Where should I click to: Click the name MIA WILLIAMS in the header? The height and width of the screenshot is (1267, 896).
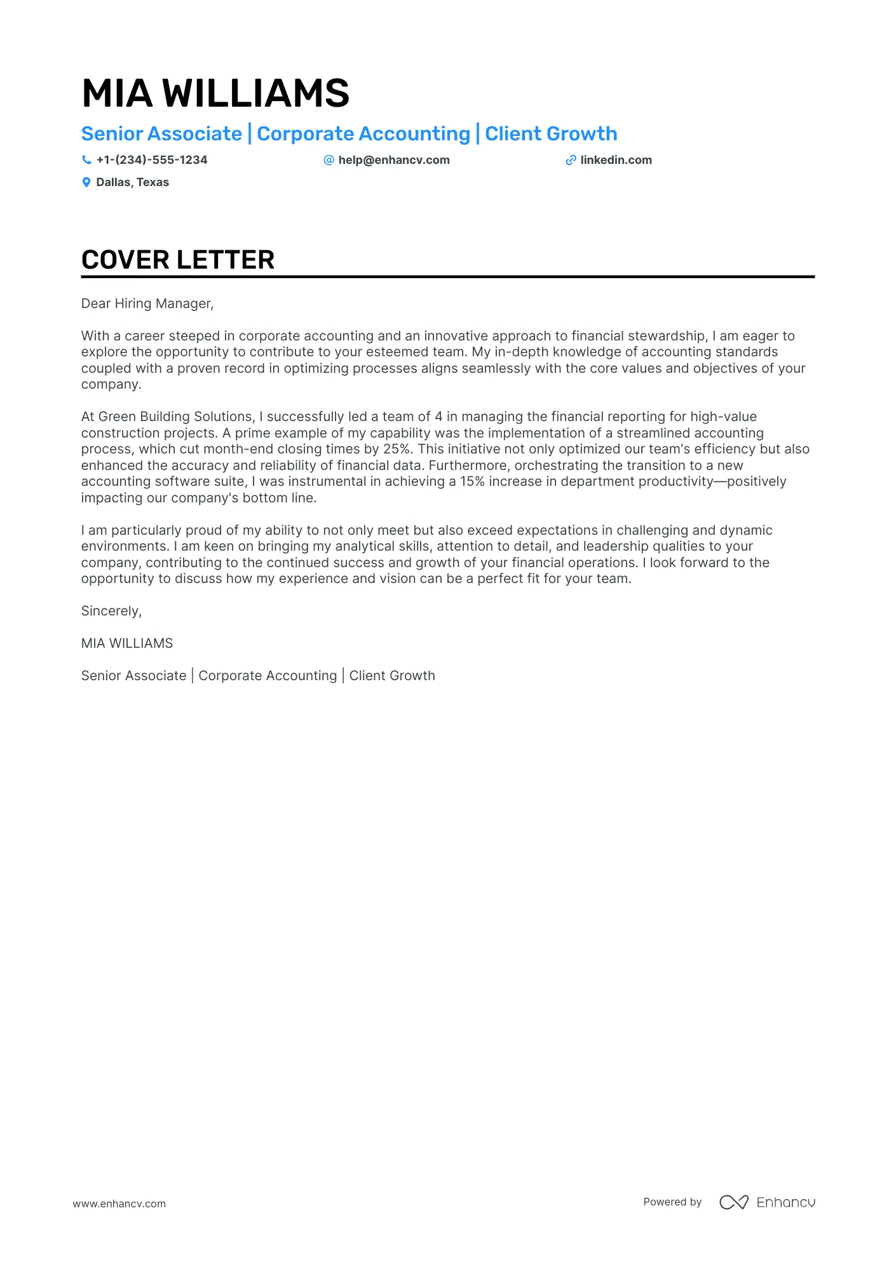point(215,93)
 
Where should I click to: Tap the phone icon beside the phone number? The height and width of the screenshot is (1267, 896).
point(86,160)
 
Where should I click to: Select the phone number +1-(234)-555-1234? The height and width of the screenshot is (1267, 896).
point(152,160)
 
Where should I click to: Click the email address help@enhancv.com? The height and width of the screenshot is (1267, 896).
point(393,160)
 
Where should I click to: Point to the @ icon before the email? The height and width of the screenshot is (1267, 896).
point(329,160)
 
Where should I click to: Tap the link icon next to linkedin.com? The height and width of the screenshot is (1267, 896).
point(571,160)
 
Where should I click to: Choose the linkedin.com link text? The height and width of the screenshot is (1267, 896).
point(616,160)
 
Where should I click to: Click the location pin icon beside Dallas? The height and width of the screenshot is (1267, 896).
point(86,182)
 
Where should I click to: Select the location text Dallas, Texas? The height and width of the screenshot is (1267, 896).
point(132,182)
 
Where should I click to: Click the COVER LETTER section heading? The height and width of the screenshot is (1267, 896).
point(178,260)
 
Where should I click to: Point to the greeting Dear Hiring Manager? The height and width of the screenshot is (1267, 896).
point(147,304)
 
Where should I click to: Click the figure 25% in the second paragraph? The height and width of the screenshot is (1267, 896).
point(397,449)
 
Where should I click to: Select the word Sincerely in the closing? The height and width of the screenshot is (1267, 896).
point(111,611)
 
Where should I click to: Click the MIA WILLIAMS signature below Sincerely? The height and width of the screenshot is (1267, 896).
point(127,643)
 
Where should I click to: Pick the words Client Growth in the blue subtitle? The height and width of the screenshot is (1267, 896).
point(551,134)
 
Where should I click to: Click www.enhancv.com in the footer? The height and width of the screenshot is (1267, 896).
point(119,1203)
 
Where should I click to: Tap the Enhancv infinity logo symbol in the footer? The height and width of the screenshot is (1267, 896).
point(733,1202)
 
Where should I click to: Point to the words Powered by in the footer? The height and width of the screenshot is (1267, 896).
point(672,1202)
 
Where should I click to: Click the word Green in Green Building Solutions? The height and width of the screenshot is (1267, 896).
point(117,417)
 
